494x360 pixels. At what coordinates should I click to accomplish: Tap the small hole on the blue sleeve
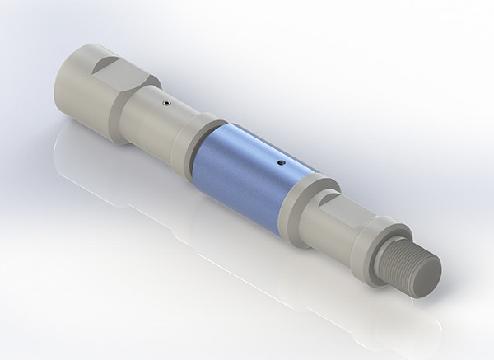[x=282, y=163]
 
